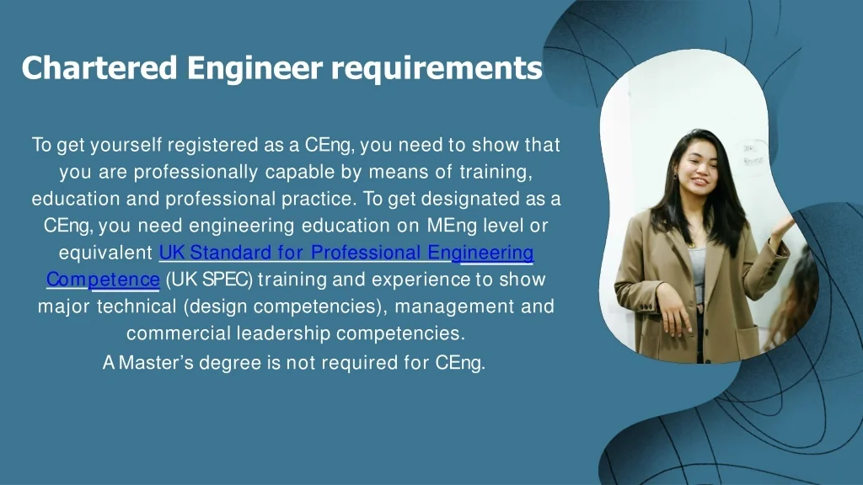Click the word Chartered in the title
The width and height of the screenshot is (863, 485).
point(99,67)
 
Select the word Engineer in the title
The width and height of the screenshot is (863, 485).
point(255,69)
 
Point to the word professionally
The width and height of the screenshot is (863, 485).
point(196,173)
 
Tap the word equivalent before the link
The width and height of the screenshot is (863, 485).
point(105,253)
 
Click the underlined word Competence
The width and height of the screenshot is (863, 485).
point(103,280)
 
